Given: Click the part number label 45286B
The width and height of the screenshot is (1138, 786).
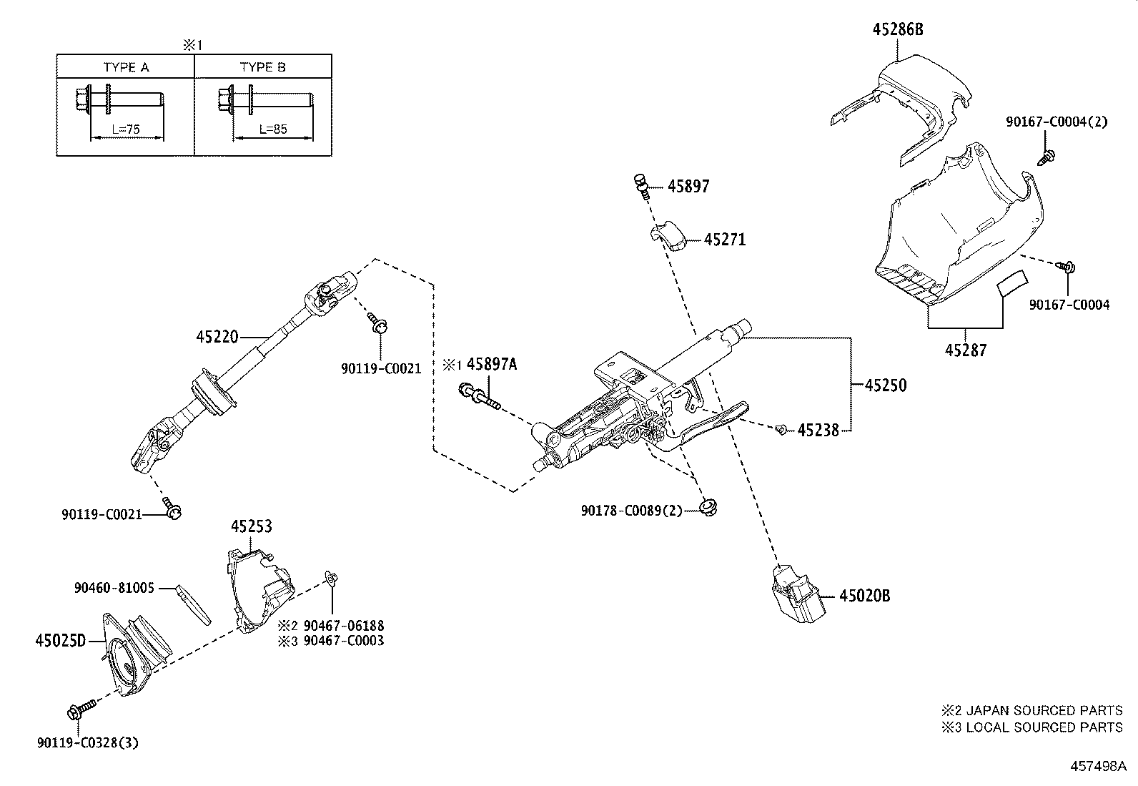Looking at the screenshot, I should (x=898, y=29).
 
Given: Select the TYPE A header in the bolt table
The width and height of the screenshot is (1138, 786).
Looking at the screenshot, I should (x=126, y=67).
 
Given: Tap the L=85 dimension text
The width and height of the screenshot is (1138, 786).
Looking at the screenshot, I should (x=272, y=129).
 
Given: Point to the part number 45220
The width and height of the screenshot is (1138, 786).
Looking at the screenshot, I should (x=217, y=336).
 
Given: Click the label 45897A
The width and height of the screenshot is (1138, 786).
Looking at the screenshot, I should (x=491, y=364).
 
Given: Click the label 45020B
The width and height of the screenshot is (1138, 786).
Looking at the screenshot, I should (x=864, y=595).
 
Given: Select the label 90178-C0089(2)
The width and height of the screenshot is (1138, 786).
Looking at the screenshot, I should (x=631, y=510).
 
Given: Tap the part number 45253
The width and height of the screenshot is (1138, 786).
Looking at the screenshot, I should (x=251, y=526).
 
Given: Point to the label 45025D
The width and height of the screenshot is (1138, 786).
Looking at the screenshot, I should (x=61, y=640).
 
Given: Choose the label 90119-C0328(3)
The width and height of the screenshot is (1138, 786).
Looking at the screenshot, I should (x=87, y=742).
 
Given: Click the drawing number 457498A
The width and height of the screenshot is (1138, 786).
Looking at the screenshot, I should (x=1097, y=766).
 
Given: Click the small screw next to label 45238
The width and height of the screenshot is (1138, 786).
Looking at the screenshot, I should (x=781, y=429).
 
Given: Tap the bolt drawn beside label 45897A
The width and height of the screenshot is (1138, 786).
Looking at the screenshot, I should (x=480, y=398).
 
